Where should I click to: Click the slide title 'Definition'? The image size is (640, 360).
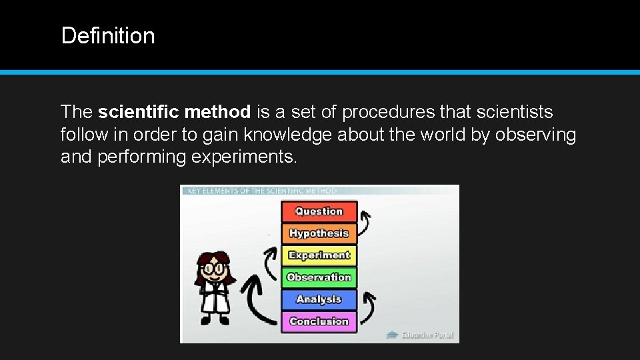pos(107,35)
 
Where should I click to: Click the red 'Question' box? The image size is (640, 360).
pos(319,211)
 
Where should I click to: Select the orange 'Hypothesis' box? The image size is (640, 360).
pos(319,233)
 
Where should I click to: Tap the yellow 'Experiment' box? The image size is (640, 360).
pos(319,255)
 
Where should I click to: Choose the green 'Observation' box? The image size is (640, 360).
pos(319,277)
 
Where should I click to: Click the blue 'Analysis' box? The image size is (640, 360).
pos(319,299)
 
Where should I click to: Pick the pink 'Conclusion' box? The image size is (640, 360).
pos(319,321)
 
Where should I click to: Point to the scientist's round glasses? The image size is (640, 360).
pos(214,269)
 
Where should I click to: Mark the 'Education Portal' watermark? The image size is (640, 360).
pos(421,335)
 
